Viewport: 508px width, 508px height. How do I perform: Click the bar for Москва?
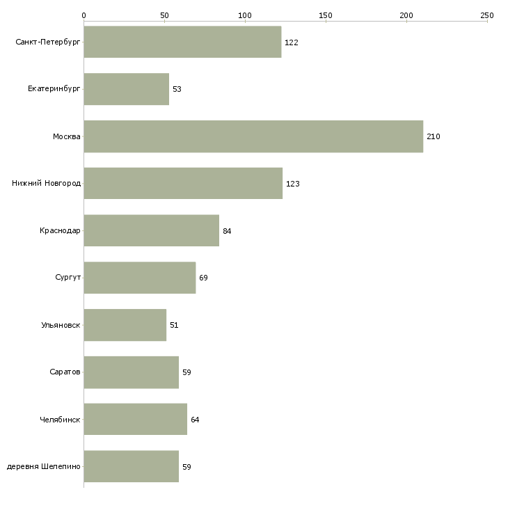(x=253, y=136)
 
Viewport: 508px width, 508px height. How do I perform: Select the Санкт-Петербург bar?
(x=182, y=42)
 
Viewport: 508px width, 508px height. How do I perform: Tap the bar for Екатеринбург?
(x=127, y=89)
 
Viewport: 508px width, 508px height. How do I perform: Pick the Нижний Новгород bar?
(x=183, y=184)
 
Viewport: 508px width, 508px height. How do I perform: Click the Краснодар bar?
(x=151, y=230)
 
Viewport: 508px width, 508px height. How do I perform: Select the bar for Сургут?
(x=140, y=278)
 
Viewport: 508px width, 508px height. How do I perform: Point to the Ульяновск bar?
(x=125, y=325)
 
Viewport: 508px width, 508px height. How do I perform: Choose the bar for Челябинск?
(x=136, y=419)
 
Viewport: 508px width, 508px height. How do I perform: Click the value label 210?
(x=433, y=136)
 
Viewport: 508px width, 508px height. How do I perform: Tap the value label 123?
(x=292, y=184)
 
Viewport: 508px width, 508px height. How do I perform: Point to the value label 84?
(x=227, y=231)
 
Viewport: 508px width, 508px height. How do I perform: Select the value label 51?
(x=174, y=325)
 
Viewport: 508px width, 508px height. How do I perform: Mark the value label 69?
(x=203, y=278)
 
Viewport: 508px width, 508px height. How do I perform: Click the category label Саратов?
(x=65, y=372)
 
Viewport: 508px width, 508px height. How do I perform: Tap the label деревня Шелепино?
(x=43, y=466)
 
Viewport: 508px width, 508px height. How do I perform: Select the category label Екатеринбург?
(x=54, y=89)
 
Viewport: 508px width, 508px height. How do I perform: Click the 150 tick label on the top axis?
(x=326, y=15)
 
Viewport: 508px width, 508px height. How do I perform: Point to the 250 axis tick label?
(x=487, y=15)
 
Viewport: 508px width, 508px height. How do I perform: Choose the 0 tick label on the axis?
(x=84, y=15)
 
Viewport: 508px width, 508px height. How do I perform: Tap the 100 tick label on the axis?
(x=245, y=15)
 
